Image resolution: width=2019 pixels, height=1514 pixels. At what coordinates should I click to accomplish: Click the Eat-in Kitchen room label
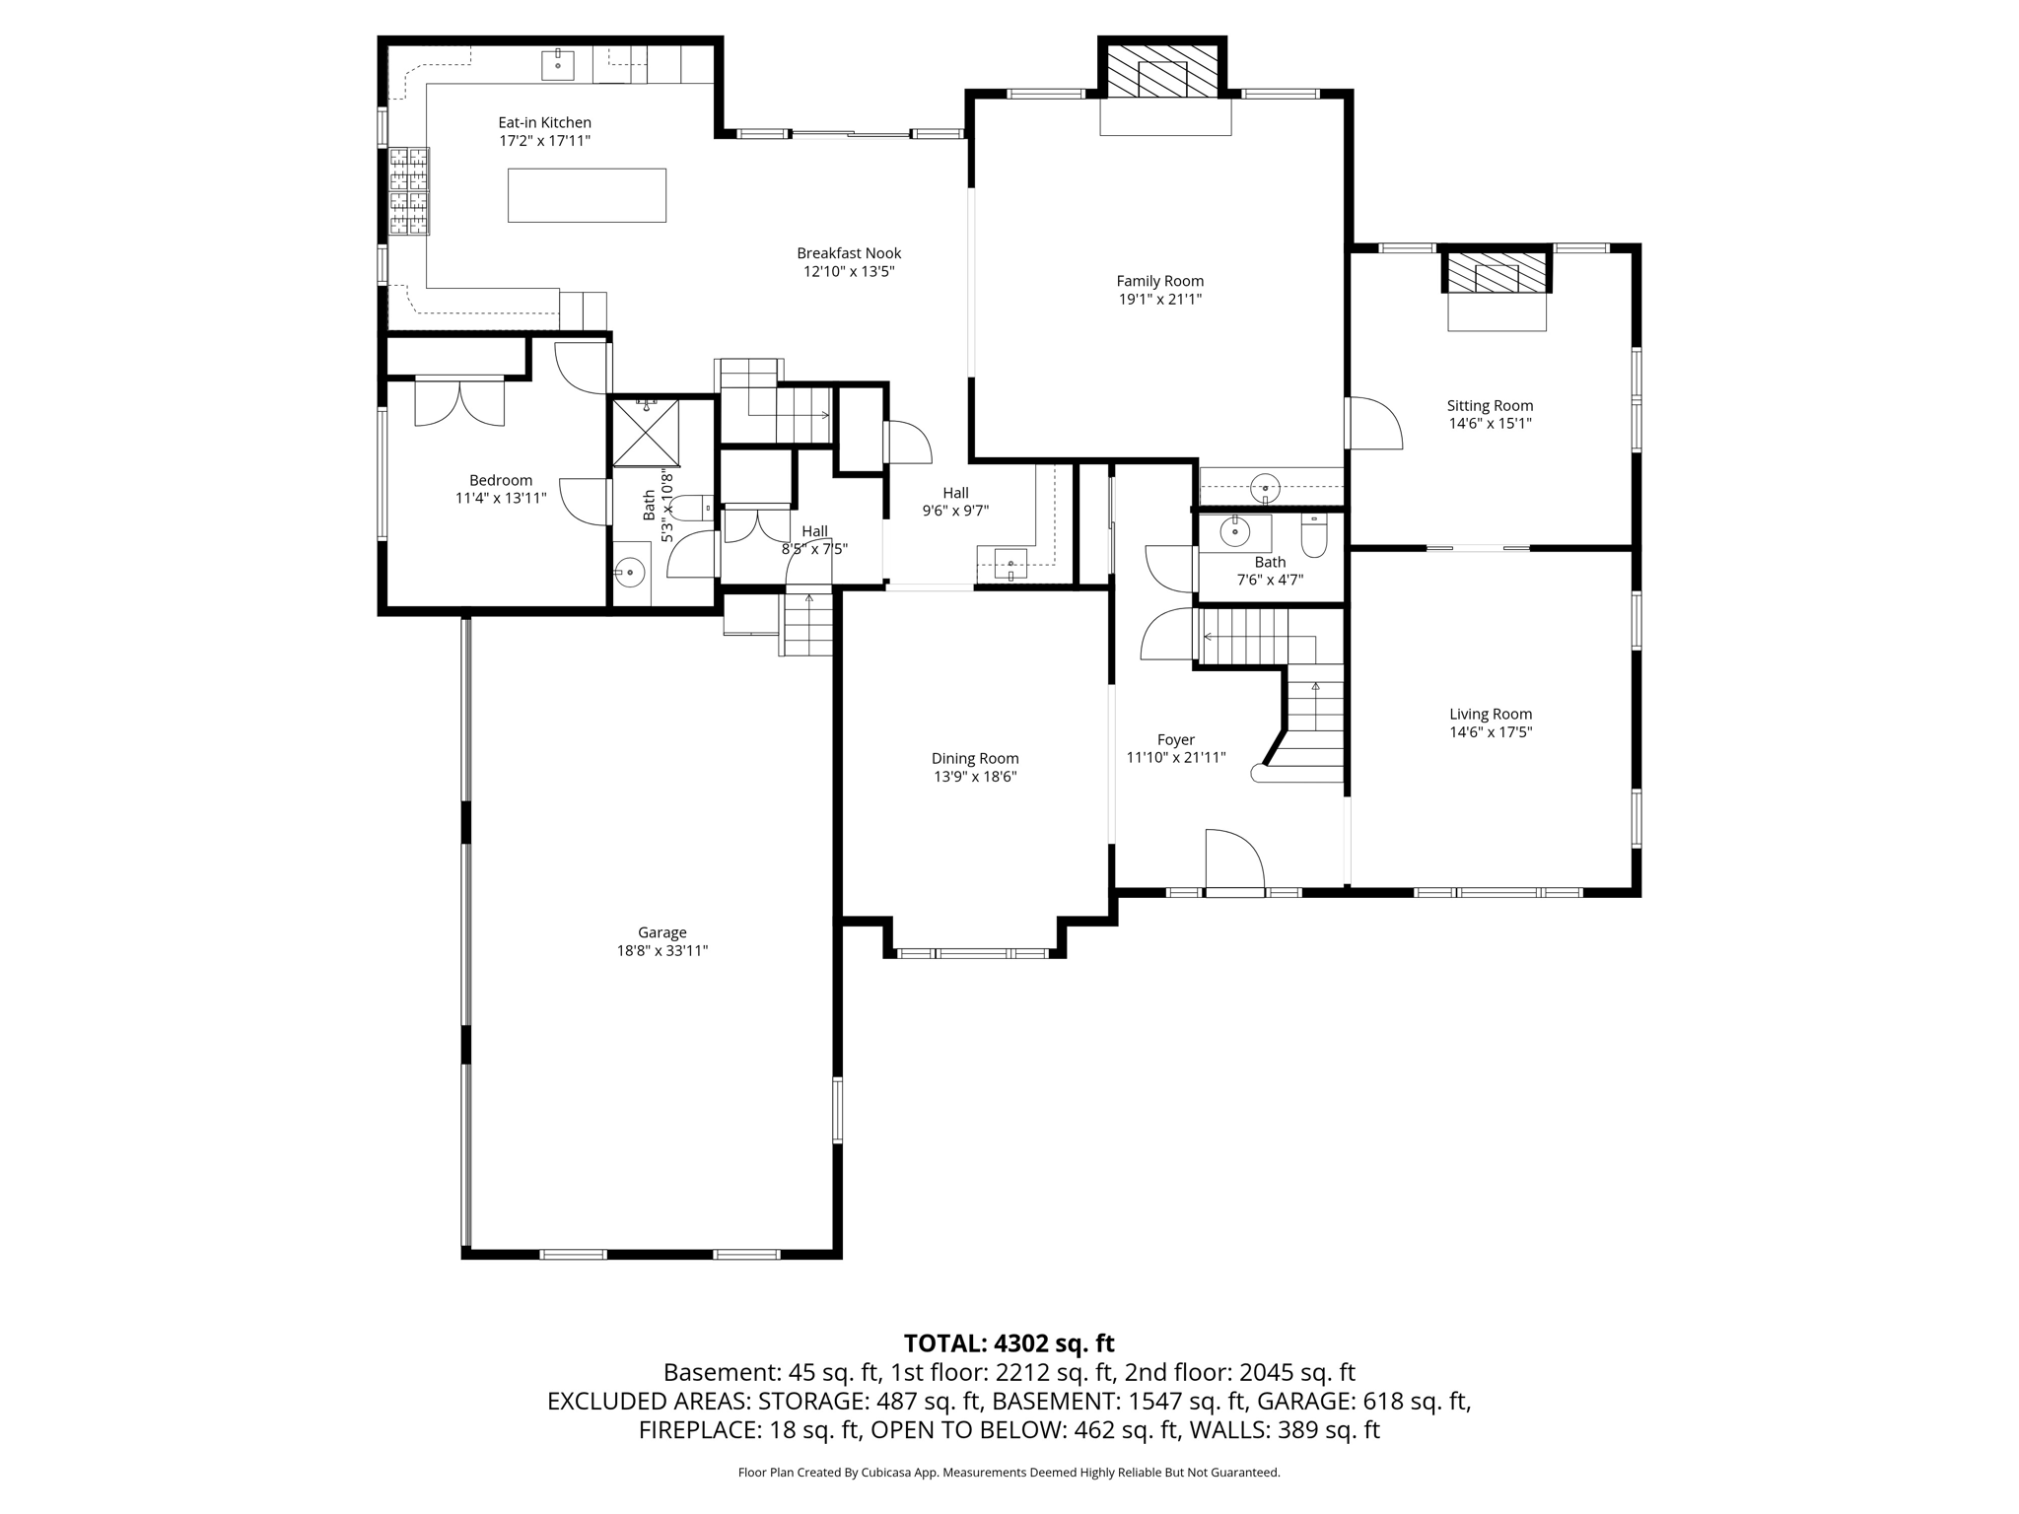[x=544, y=122]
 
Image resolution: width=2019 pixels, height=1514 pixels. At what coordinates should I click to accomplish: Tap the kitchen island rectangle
[x=587, y=195]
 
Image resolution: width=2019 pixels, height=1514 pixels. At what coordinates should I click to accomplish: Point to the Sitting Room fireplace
[x=1497, y=273]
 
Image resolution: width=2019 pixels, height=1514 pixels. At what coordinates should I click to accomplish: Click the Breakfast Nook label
[x=849, y=253]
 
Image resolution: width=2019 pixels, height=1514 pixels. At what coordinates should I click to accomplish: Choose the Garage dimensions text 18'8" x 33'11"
[x=661, y=951]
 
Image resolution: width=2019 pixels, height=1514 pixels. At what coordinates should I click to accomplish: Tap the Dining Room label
[x=975, y=758]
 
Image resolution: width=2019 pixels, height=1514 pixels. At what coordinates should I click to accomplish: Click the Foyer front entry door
[x=1234, y=860]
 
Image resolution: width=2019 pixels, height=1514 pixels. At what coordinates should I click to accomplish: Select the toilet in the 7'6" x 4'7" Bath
[x=1315, y=533]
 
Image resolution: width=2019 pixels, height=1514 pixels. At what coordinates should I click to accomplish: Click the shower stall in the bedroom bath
[x=646, y=432]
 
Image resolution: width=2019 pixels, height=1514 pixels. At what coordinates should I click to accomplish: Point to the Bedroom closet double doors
[x=459, y=401]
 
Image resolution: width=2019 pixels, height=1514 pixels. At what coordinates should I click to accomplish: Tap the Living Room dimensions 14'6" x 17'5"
[x=1491, y=732]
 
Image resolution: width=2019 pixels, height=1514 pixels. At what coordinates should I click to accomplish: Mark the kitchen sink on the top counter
[x=558, y=64]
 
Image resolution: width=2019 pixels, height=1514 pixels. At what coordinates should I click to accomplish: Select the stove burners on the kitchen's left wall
[x=409, y=191]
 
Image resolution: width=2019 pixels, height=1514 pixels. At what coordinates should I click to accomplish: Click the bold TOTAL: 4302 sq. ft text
[x=1009, y=1342]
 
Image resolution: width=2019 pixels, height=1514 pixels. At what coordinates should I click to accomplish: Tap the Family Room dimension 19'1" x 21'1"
[x=1159, y=299]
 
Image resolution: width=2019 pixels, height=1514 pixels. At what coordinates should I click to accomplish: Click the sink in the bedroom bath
[x=630, y=571]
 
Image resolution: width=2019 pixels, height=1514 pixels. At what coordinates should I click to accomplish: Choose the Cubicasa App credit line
[x=1009, y=1473]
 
